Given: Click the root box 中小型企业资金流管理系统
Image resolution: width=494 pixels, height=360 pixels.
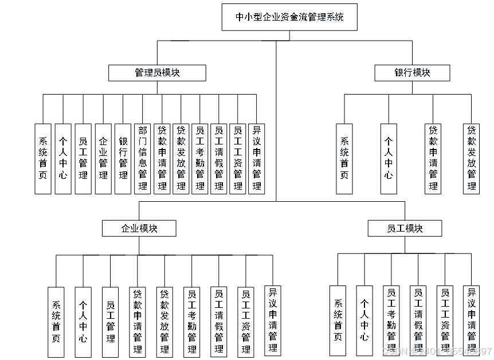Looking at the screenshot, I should (289, 17).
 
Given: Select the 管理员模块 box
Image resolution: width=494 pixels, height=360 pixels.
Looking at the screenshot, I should (157, 72).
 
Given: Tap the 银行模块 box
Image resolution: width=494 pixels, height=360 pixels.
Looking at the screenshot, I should (412, 72).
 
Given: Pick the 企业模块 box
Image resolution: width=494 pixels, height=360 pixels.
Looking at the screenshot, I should (139, 228).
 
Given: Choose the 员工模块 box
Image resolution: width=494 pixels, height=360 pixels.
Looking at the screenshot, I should (405, 228).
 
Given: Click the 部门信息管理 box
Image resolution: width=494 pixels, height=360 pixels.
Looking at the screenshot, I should (143, 158).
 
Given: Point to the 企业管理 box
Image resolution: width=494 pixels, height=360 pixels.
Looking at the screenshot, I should (103, 158).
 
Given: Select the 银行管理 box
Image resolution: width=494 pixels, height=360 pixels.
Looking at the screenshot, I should (123, 158).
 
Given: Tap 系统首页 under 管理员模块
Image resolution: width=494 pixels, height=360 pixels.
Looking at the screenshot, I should (43, 158).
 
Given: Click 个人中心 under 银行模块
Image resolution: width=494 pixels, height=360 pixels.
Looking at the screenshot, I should (389, 158).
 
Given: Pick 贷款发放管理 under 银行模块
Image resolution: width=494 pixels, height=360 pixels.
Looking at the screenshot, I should (472, 158).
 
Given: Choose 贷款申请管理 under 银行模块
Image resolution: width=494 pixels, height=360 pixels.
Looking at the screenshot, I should (433, 158).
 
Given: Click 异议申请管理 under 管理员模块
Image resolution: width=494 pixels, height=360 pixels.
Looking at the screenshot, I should (257, 158).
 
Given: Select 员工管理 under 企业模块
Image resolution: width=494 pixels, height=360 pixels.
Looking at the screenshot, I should (110, 322).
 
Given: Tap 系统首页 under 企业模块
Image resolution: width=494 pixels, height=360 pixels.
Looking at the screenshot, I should (56, 322).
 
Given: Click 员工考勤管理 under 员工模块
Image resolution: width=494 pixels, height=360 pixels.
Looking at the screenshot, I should (391, 322).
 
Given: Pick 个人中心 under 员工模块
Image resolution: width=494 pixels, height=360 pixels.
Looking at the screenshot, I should (364, 320).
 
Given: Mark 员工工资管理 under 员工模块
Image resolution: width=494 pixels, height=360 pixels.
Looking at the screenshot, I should (445, 322).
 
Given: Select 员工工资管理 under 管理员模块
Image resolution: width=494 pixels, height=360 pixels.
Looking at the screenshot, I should (238, 158).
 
